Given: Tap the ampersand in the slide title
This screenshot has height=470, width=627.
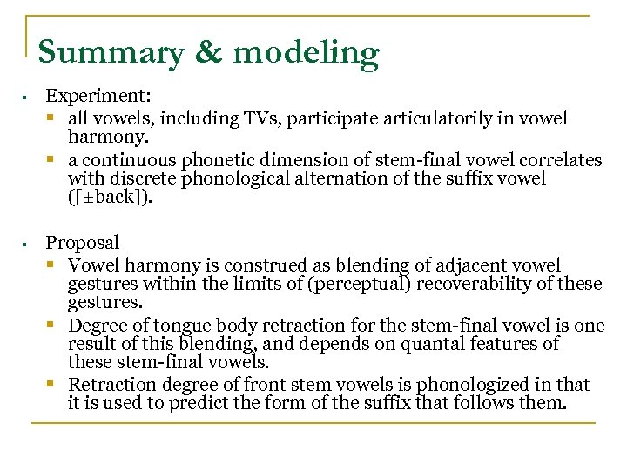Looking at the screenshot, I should (209, 53).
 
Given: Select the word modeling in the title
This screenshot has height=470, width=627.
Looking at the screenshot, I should (307, 53).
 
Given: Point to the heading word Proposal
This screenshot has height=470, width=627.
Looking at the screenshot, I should (82, 243).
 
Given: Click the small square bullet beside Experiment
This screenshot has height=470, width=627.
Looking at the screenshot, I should (29, 97).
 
